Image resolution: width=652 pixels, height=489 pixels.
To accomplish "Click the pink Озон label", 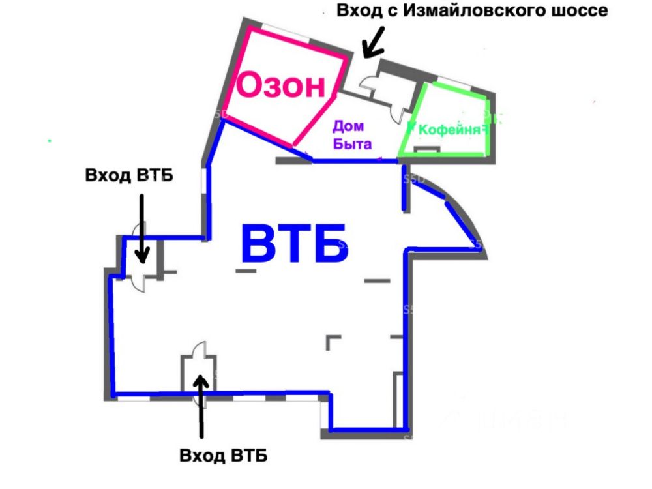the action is [x=280, y=85].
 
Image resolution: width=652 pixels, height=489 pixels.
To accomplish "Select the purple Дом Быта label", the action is [x=353, y=135].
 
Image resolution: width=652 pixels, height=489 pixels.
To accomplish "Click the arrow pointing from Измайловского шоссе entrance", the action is [x=374, y=44].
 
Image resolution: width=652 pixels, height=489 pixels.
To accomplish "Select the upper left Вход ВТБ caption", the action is [x=129, y=176].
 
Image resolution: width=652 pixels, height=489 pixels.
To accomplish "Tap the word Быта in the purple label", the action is [x=353, y=144].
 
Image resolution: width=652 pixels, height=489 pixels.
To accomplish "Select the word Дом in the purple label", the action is [x=348, y=126].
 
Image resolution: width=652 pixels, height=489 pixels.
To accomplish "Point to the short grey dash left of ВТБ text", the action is [x=246, y=269].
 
